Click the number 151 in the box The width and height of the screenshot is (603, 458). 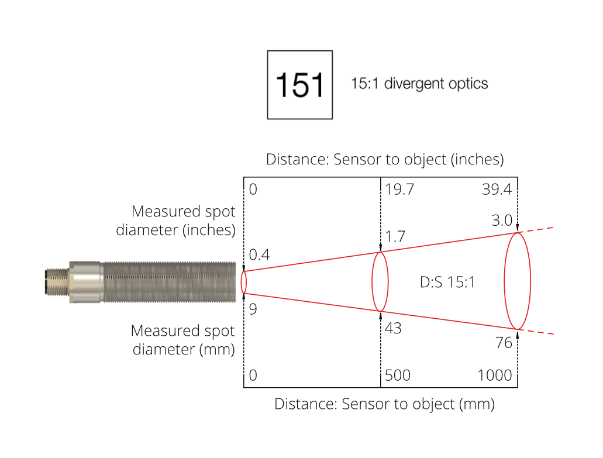(299, 85)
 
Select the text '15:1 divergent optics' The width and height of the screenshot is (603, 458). (419, 84)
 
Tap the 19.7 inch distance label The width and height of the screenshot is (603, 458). (399, 190)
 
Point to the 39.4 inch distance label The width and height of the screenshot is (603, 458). (497, 190)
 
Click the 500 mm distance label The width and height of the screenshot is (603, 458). (398, 375)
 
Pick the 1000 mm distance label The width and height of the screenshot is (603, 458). (495, 375)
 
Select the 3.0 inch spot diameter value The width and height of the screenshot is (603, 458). (502, 221)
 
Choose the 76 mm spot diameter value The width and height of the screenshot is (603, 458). (504, 343)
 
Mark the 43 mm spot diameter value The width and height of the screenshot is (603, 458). (393, 328)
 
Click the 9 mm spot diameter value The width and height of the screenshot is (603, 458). (253, 309)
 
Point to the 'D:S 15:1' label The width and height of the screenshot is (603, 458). (447, 282)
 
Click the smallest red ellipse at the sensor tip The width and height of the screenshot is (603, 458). (244, 282)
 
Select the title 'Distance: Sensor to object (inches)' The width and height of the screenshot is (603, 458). (385, 159)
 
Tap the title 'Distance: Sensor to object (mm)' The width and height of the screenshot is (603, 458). (384, 404)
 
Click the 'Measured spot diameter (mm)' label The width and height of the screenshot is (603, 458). (182, 340)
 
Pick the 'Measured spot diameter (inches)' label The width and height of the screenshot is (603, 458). (176, 221)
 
